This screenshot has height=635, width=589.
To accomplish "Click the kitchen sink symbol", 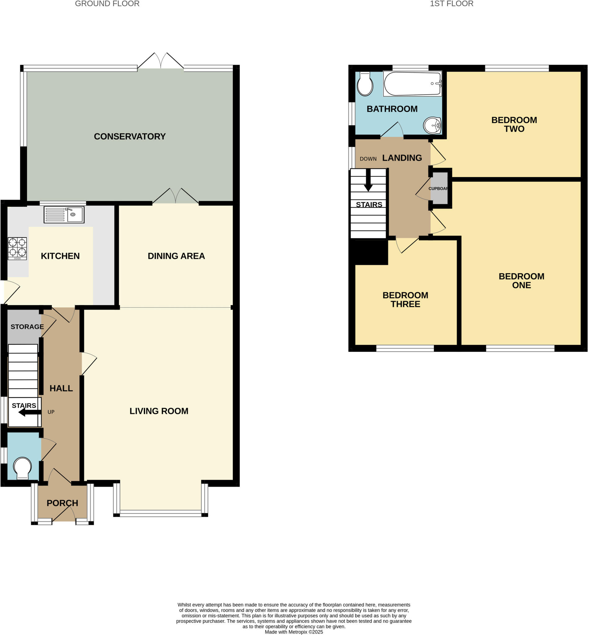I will tap(64, 215).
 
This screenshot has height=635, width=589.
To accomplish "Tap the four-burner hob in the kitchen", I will tap(17, 248).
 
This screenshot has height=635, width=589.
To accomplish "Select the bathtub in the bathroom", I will tap(412, 83).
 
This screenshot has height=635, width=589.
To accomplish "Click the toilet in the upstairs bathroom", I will tap(365, 84).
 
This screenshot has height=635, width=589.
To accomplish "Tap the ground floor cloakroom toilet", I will tap(22, 468).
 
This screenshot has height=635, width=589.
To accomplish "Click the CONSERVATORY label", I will tap(130, 136).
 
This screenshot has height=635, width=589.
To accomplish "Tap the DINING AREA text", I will tap(176, 256).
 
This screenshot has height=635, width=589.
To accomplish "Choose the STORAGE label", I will tap(27, 327).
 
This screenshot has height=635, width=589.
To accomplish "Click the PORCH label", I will tap(63, 503).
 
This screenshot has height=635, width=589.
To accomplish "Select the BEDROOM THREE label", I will tap(405, 300).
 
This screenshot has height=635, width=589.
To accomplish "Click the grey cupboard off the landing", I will tap(439, 189).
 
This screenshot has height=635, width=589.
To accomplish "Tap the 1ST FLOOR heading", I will tap(451, 4).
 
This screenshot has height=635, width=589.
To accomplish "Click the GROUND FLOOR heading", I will tap(107, 4).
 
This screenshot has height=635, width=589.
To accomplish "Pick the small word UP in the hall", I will tap(51, 412).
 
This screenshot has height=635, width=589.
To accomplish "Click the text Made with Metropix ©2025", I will tap(294, 632).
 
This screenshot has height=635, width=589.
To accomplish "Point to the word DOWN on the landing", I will tap(368, 159).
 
